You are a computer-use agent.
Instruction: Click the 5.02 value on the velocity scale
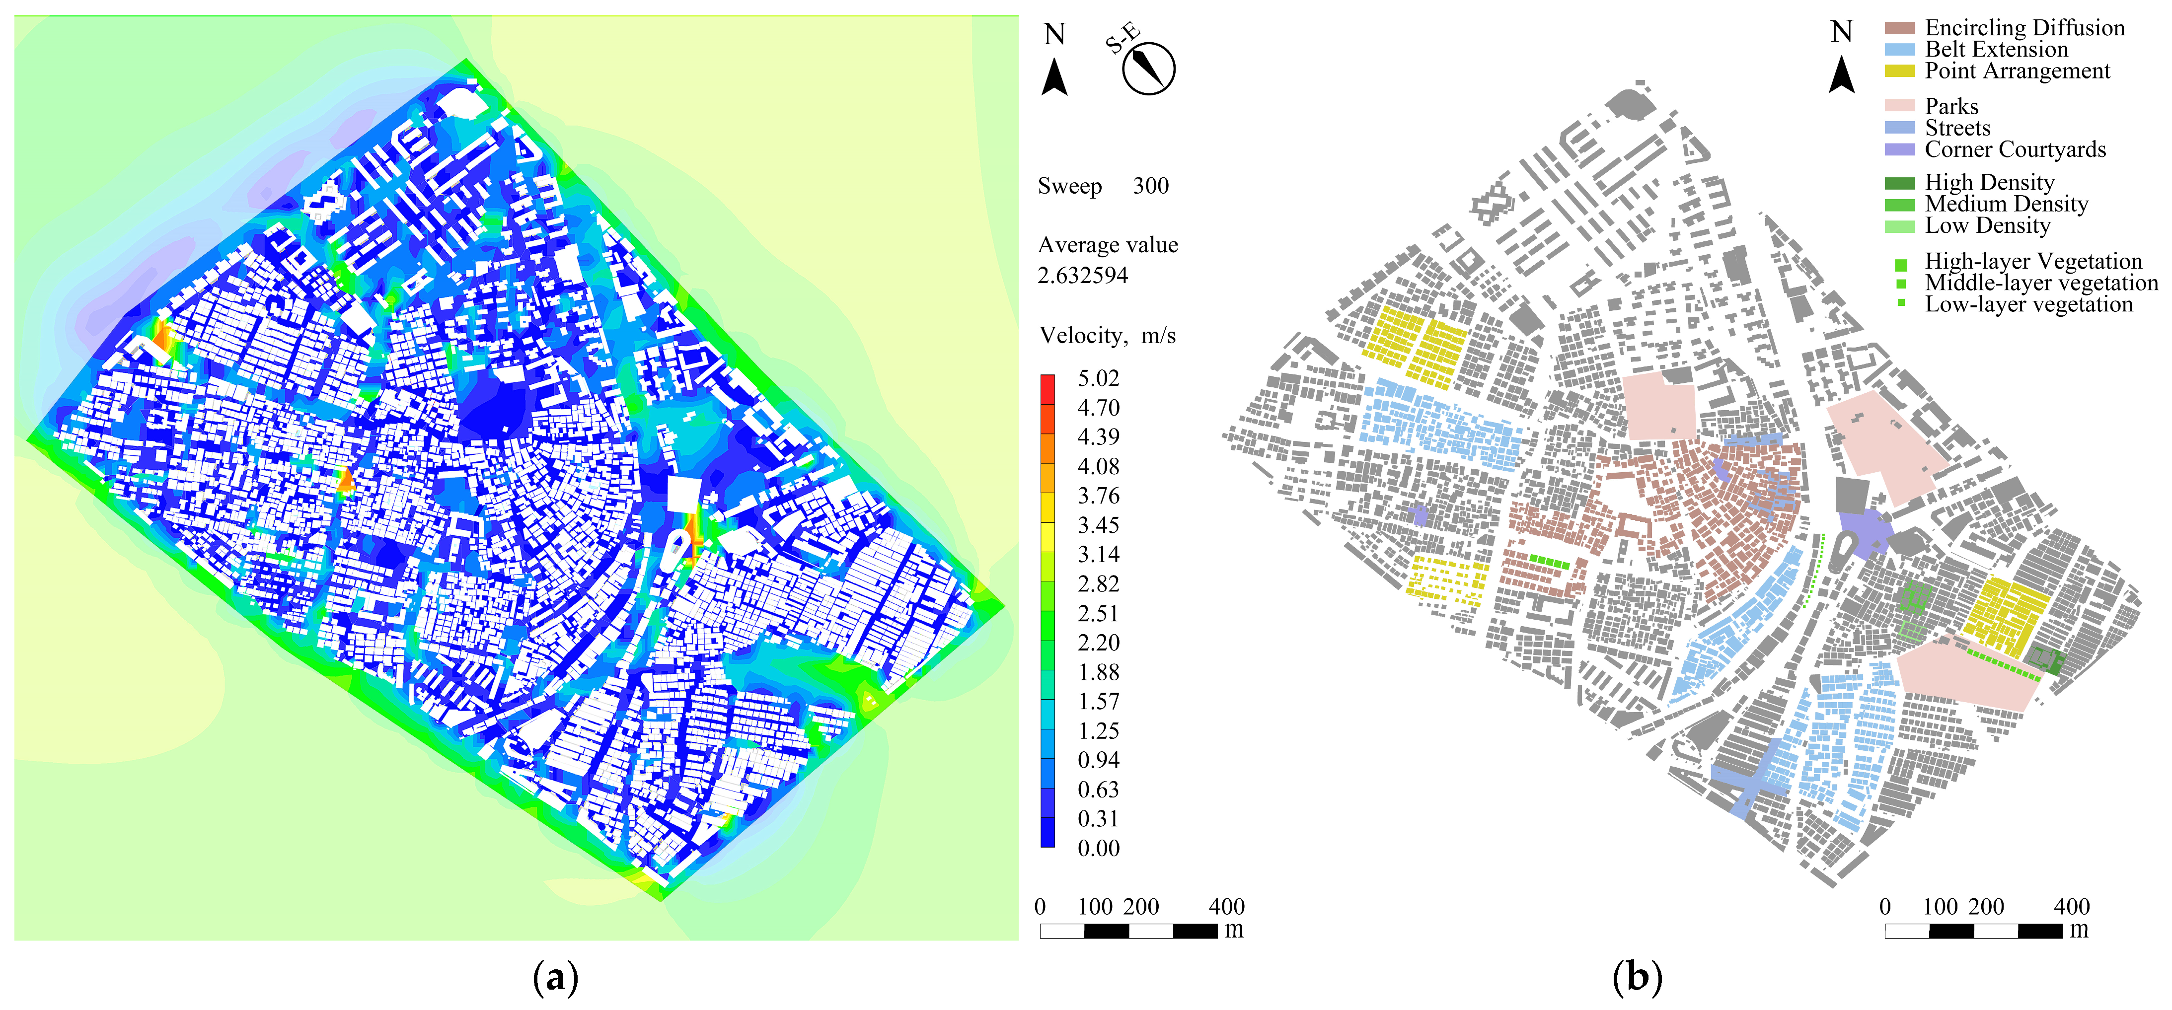1098,378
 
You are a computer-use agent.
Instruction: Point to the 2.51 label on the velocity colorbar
1098,614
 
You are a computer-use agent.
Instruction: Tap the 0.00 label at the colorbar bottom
1098,848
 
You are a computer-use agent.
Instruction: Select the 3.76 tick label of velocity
1098,496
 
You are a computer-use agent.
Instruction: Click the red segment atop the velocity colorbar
1047,388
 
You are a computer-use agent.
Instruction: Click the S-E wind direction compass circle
1148,69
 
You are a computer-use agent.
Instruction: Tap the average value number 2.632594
1083,276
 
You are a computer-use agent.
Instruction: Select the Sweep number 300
1150,186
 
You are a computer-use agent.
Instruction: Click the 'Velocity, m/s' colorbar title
1107,336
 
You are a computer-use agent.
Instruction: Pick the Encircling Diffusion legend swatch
1899,28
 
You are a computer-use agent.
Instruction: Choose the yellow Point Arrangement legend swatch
1899,72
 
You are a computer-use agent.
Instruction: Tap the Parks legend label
1951,106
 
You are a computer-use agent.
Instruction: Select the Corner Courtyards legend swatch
1899,150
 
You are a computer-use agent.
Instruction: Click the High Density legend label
1989,183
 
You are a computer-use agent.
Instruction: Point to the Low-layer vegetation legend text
2028,304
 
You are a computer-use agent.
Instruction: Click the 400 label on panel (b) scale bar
2071,907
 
